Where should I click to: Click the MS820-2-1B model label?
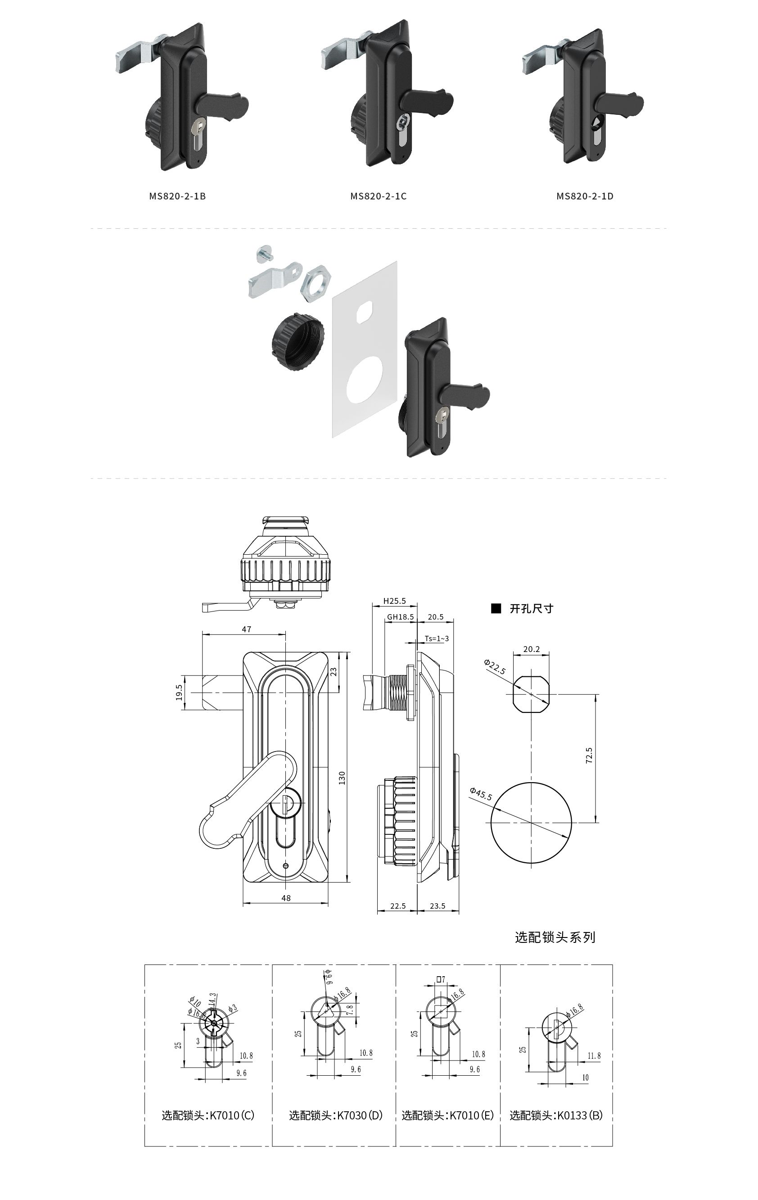tap(177, 196)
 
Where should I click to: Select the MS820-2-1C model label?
tap(379, 196)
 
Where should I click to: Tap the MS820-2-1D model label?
tap(585, 196)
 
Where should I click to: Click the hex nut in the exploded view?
tap(314, 283)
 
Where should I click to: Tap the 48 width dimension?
tap(286, 898)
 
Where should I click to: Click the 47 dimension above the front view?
tap(247, 629)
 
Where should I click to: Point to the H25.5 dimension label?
tap(394, 601)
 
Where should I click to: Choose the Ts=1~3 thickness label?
tap(437, 638)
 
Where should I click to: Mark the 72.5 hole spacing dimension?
tap(589, 756)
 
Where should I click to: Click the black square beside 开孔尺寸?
tap(496, 608)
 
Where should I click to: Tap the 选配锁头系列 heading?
tap(555, 937)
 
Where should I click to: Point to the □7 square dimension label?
tap(441, 979)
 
